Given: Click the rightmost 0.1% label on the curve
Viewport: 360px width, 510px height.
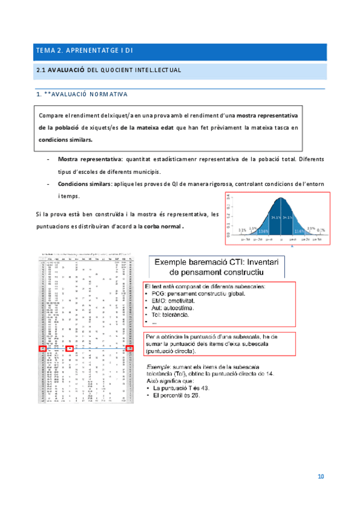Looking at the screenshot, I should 322,230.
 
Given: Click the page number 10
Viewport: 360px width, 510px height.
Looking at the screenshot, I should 321,477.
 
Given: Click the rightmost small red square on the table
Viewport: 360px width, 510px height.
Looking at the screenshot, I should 130,349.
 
